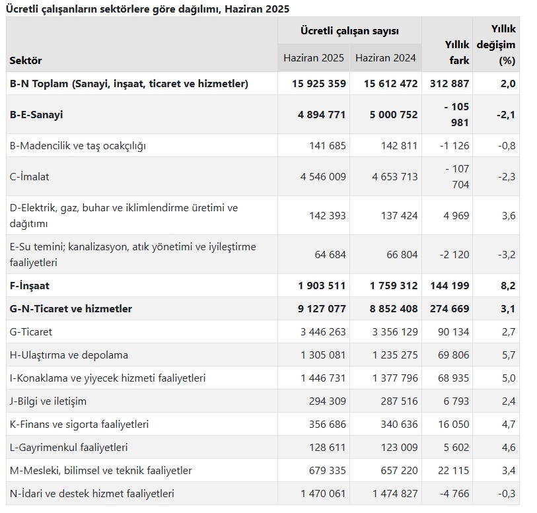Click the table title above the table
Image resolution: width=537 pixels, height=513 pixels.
[147, 9]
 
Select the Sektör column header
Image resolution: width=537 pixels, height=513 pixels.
[26, 61]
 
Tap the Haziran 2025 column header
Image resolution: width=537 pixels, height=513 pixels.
[313, 58]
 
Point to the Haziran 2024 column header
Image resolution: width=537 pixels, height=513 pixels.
[386, 58]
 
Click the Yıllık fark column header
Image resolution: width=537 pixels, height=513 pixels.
[457, 52]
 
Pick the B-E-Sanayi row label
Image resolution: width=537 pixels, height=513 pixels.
[36, 115]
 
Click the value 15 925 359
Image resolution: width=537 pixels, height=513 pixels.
[319, 83]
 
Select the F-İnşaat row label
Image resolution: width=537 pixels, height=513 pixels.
[30, 285]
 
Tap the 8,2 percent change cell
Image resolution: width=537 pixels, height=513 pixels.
[508, 285]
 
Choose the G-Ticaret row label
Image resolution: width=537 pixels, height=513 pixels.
[31, 331]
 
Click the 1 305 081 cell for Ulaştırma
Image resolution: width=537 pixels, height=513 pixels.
[323, 355]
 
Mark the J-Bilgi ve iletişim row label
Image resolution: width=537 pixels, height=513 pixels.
[48, 401]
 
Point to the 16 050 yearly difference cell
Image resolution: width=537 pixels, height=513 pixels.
[453, 424]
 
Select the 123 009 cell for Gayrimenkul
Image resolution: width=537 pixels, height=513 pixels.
[400, 447]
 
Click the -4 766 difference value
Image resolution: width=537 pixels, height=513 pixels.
[454, 493]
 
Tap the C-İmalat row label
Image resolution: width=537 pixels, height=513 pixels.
[30, 176]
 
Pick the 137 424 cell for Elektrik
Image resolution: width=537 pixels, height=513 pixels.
[400, 216]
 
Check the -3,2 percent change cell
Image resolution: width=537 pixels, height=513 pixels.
[507, 255]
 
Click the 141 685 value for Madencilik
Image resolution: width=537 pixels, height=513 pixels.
[328, 146]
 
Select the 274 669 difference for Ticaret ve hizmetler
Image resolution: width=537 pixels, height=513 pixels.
[450, 309]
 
